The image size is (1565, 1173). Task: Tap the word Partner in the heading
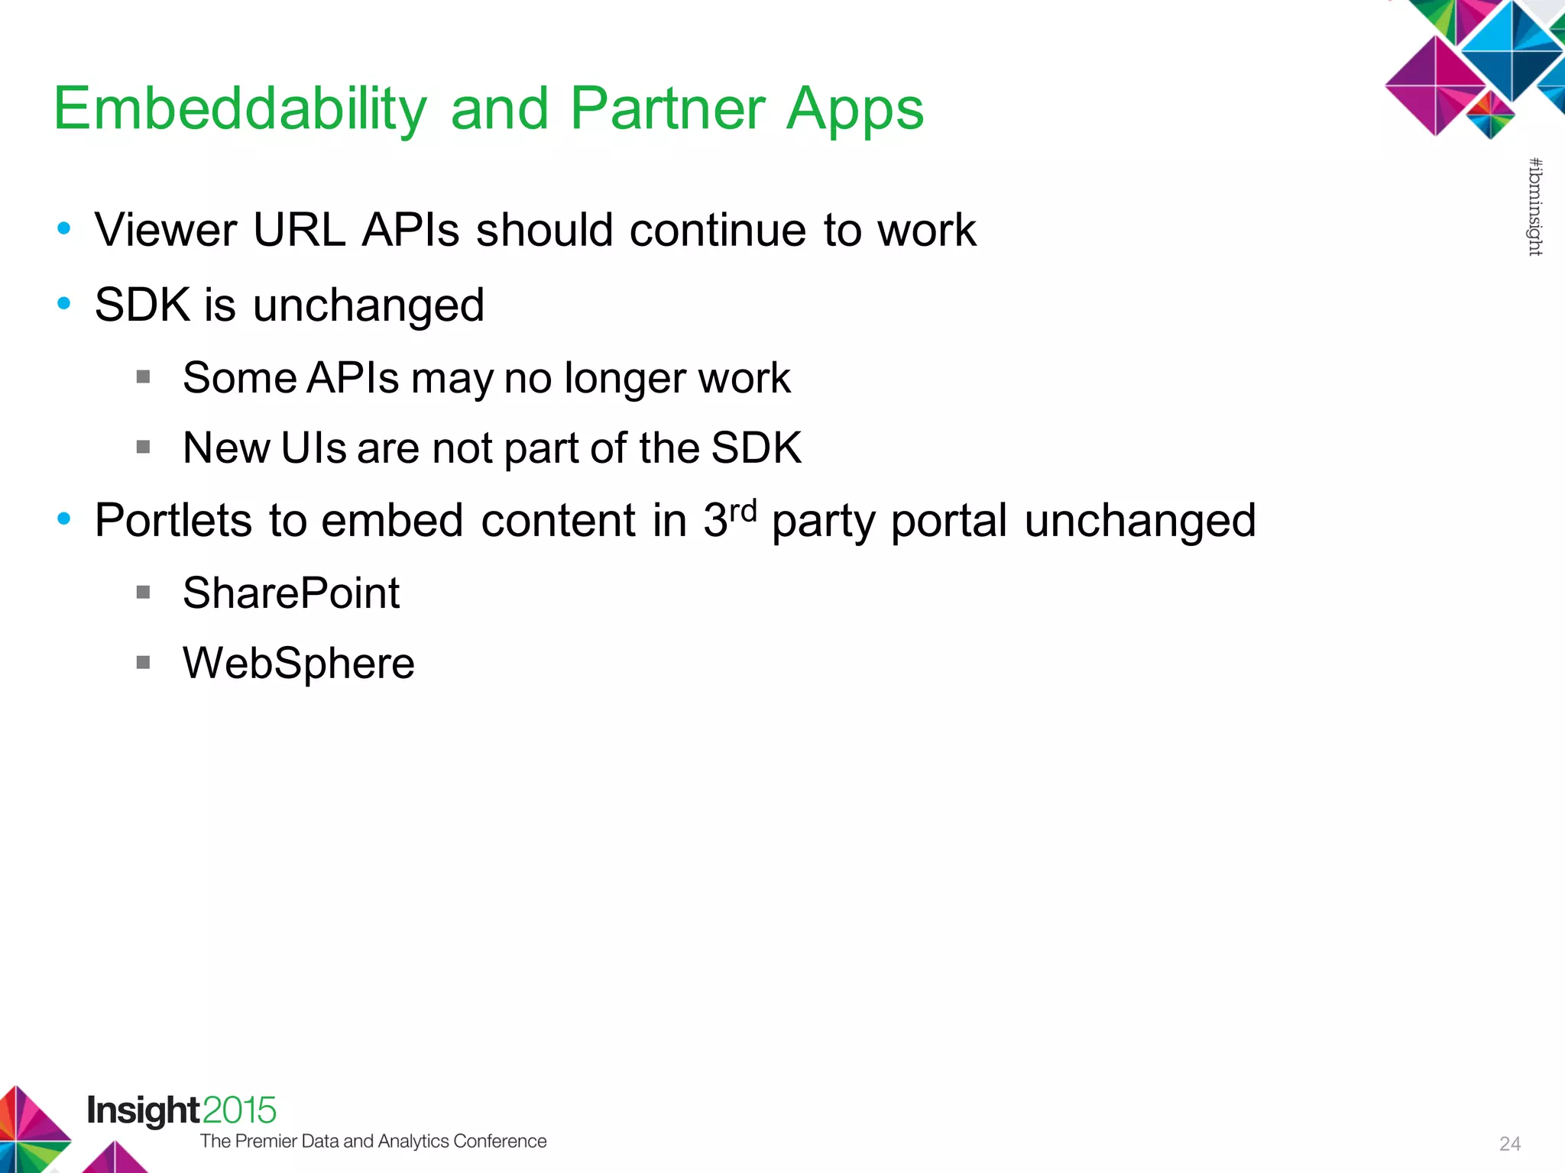(x=667, y=109)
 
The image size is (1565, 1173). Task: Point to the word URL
(x=299, y=230)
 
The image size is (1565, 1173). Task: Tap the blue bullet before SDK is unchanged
(x=64, y=304)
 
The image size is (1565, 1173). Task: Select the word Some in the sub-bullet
(x=239, y=378)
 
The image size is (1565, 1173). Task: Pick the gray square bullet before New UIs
(x=143, y=447)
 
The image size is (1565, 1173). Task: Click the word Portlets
(x=173, y=521)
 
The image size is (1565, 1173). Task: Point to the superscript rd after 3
(x=743, y=510)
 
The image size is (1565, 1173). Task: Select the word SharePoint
(x=290, y=593)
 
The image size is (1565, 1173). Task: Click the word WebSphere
(x=298, y=663)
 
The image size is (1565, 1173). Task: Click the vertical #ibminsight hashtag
(x=1534, y=206)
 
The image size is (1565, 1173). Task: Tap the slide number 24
(x=1509, y=1144)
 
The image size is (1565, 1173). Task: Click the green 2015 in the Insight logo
(x=239, y=1110)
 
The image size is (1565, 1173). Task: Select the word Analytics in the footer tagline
(x=413, y=1141)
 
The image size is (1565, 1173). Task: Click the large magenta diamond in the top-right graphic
(x=1435, y=86)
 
